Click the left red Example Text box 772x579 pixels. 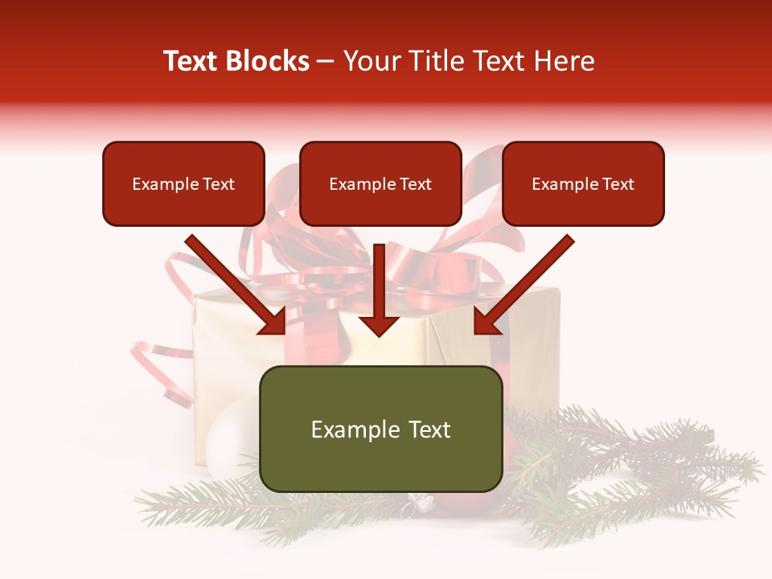(x=183, y=183)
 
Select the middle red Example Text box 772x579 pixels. (x=380, y=183)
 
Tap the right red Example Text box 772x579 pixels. (x=583, y=183)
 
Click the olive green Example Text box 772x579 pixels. (x=380, y=429)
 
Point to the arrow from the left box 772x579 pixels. (x=233, y=283)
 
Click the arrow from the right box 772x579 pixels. (x=526, y=283)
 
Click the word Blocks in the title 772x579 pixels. (x=268, y=61)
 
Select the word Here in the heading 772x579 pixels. (x=567, y=61)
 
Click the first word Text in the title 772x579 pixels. (x=193, y=61)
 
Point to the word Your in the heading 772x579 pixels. (x=368, y=61)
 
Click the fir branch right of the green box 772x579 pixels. (x=627, y=458)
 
